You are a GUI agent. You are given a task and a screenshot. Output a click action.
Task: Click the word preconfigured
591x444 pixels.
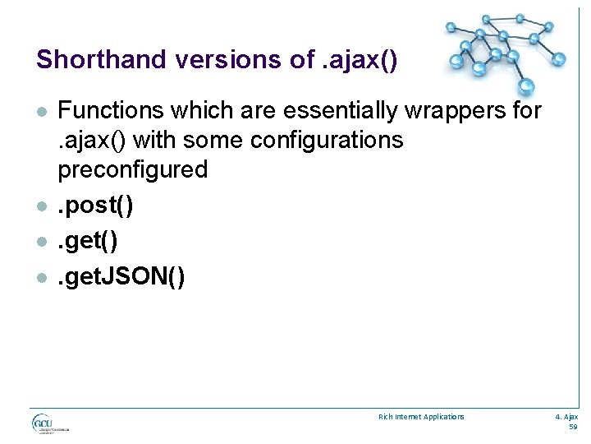pos(132,169)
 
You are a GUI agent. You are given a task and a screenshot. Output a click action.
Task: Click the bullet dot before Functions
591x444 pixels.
pos(41,112)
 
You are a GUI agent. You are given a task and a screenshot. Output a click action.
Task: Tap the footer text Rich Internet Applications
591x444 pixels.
pos(421,417)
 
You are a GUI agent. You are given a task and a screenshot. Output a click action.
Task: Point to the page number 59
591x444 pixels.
pos(573,427)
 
